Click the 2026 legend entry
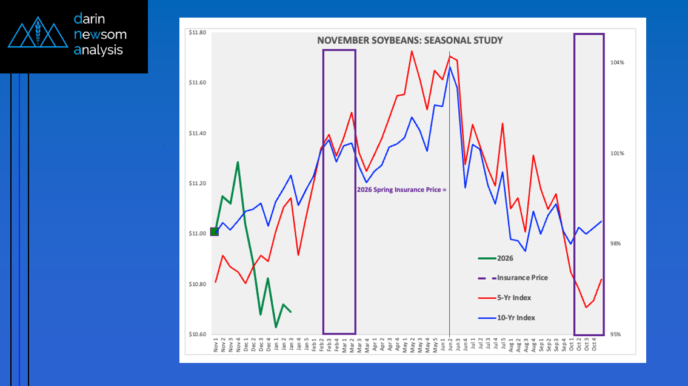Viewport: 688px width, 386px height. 505,258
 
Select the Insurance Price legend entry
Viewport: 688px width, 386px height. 522,277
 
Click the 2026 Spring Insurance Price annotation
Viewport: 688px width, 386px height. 401,189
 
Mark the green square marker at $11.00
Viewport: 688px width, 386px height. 214,231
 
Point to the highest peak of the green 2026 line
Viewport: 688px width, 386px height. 238,162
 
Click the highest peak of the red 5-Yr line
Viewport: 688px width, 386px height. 412,51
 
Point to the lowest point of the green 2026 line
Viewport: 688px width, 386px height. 276,327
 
